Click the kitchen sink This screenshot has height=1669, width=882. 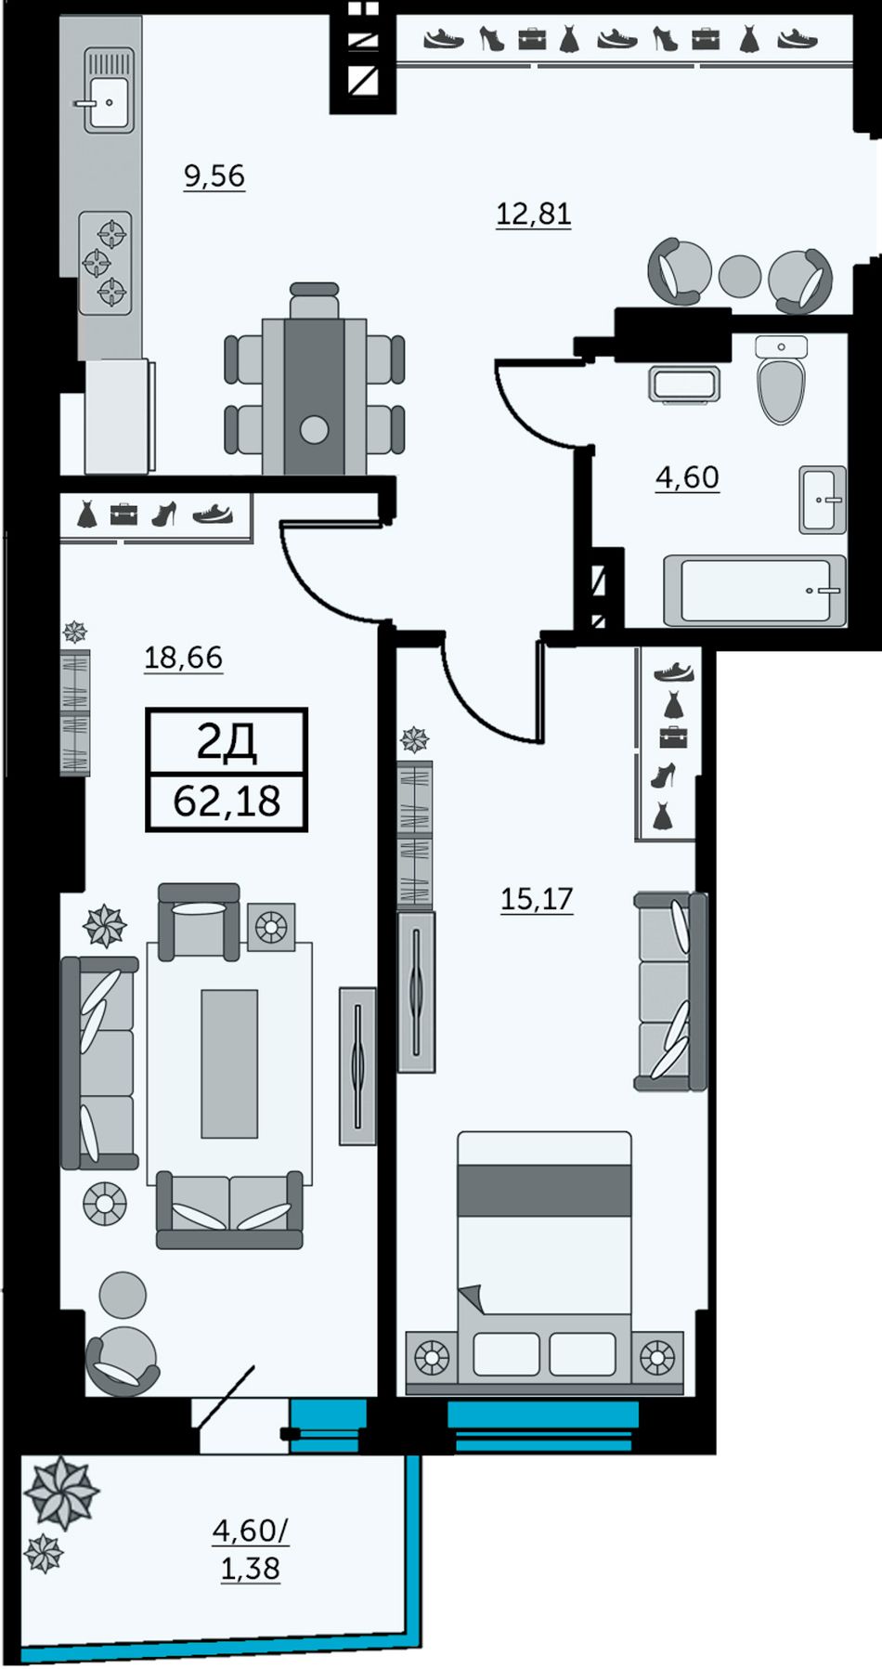(x=107, y=91)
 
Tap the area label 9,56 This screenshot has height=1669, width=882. (x=214, y=176)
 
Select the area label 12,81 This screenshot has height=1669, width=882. (x=533, y=215)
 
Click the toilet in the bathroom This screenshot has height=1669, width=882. (x=781, y=379)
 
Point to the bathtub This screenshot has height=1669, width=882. (x=755, y=590)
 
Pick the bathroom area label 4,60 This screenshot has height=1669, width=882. (x=687, y=477)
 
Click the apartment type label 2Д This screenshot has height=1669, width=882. (x=227, y=741)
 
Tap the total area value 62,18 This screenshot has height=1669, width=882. (x=227, y=801)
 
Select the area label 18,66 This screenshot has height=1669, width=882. (x=184, y=658)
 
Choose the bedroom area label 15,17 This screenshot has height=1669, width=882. (x=537, y=899)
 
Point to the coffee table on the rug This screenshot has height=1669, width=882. (x=229, y=1063)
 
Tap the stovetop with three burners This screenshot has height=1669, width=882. (x=105, y=263)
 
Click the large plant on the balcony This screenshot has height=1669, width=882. (x=61, y=1493)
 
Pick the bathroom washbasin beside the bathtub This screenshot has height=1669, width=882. (x=823, y=500)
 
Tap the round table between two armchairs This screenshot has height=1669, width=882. (x=740, y=276)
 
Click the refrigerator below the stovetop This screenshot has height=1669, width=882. (x=118, y=417)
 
